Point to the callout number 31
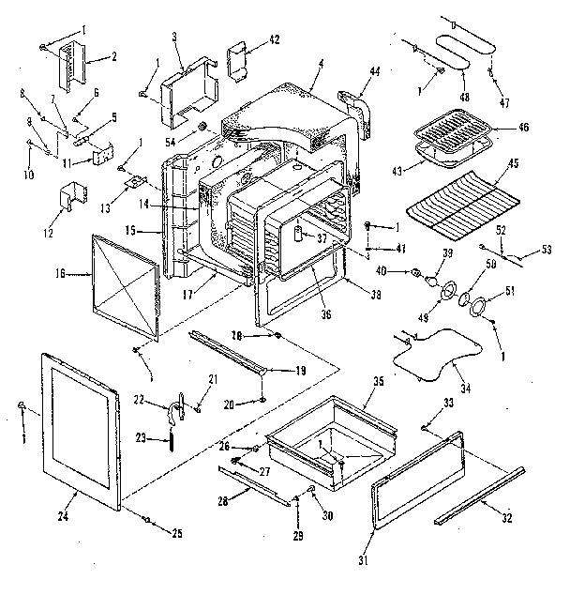(364, 561)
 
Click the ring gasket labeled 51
(479, 307)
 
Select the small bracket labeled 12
(67, 197)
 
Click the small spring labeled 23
(172, 436)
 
